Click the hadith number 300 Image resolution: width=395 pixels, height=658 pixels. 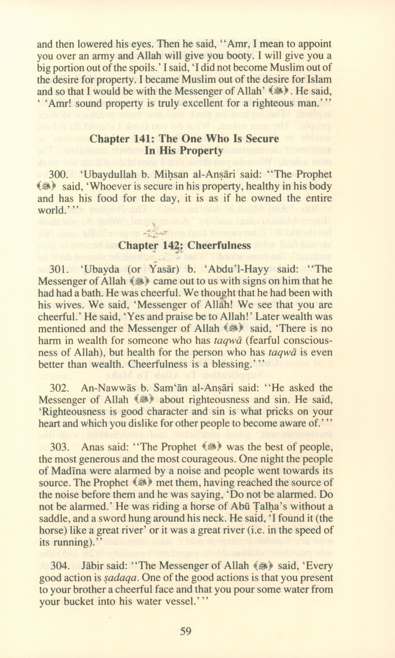click(59, 175)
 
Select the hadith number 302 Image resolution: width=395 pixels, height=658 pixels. click(59, 388)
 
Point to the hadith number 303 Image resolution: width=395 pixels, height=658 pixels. click(59, 447)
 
